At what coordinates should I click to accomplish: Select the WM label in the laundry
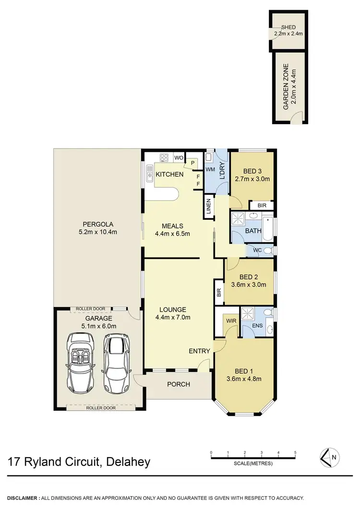pyautogui.click(x=210, y=169)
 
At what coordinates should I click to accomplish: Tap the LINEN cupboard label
pyautogui.click(x=209, y=208)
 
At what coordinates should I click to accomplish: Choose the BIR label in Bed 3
pyautogui.click(x=261, y=205)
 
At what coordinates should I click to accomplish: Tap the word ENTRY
pyautogui.click(x=199, y=351)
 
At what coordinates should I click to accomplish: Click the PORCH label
pyautogui.click(x=178, y=384)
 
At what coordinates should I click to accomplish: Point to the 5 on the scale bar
pyautogui.click(x=295, y=452)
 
